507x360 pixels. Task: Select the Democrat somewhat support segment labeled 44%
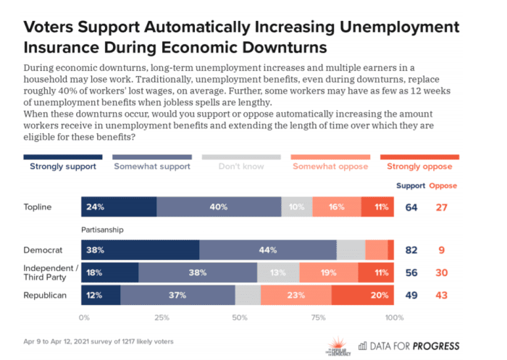(x=268, y=250)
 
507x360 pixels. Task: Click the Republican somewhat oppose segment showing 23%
(x=296, y=296)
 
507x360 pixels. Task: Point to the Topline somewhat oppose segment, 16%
(x=336, y=207)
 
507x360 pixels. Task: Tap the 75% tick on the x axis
(x=317, y=318)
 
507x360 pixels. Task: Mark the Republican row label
(x=45, y=296)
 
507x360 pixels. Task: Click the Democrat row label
(x=43, y=250)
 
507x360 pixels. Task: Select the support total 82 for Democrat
(x=411, y=250)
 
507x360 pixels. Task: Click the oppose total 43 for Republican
(x=443, y=296)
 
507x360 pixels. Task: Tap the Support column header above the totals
(x=411, y=185)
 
